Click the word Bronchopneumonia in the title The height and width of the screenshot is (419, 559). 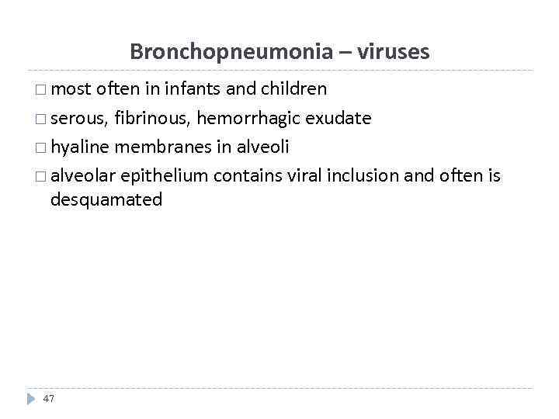click(231, 52)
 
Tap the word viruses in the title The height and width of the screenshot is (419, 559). click(393, 52)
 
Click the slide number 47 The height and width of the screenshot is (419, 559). click(49, 398)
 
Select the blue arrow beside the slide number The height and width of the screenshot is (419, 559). click(31, 398)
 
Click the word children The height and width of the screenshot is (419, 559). click(293, 89)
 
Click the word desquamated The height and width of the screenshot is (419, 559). click(106, 200)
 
